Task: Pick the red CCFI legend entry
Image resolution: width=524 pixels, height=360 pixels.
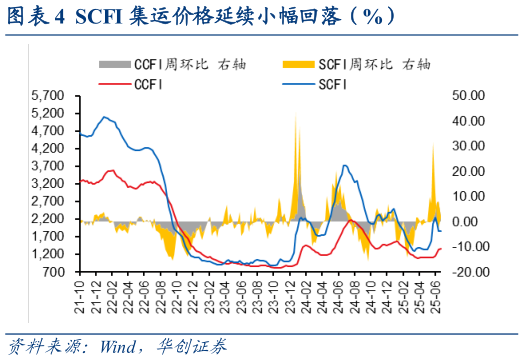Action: coord(148,84)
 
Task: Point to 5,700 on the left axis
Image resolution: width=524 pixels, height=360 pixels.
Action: coord(50,96)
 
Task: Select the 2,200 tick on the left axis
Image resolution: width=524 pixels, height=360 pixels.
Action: coord(50,219)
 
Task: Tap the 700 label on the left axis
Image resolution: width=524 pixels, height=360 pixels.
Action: coord(56,271)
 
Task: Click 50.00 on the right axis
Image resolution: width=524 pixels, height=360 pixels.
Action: coord(469,96)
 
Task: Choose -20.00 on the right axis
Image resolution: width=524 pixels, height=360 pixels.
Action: coord(469,271)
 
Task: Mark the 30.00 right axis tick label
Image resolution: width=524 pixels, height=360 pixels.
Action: coord(469,146)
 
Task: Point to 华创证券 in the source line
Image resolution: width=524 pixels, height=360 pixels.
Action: coord(190,347)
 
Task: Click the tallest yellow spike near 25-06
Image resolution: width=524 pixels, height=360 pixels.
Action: coord(432,147)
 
